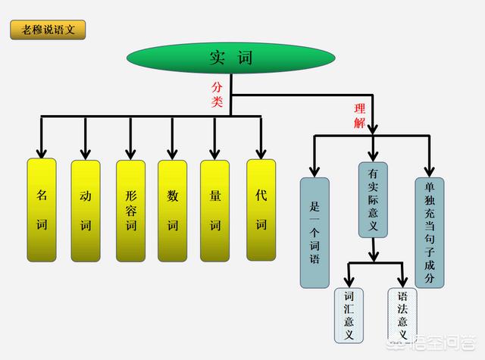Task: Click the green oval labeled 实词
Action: point(230,57)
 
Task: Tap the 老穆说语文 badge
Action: point(48,30)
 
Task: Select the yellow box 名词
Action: point(42,210)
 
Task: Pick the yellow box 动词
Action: point(86,210)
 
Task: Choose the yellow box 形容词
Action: point(130,210)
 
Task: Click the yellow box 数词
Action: point(173,210)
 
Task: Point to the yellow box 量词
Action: point(215,210)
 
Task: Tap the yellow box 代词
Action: point(261,209)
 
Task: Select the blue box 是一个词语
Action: point(314,232)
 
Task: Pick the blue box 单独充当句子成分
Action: point(429,232)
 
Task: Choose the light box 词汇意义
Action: point(349,315)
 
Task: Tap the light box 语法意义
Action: point(402,315)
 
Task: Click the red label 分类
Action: point(217,95)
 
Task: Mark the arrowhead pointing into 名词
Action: point(42,152)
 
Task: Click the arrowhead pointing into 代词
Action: point(261,152)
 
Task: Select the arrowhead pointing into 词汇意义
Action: point(349,282)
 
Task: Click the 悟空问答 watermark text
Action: point(448,346)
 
